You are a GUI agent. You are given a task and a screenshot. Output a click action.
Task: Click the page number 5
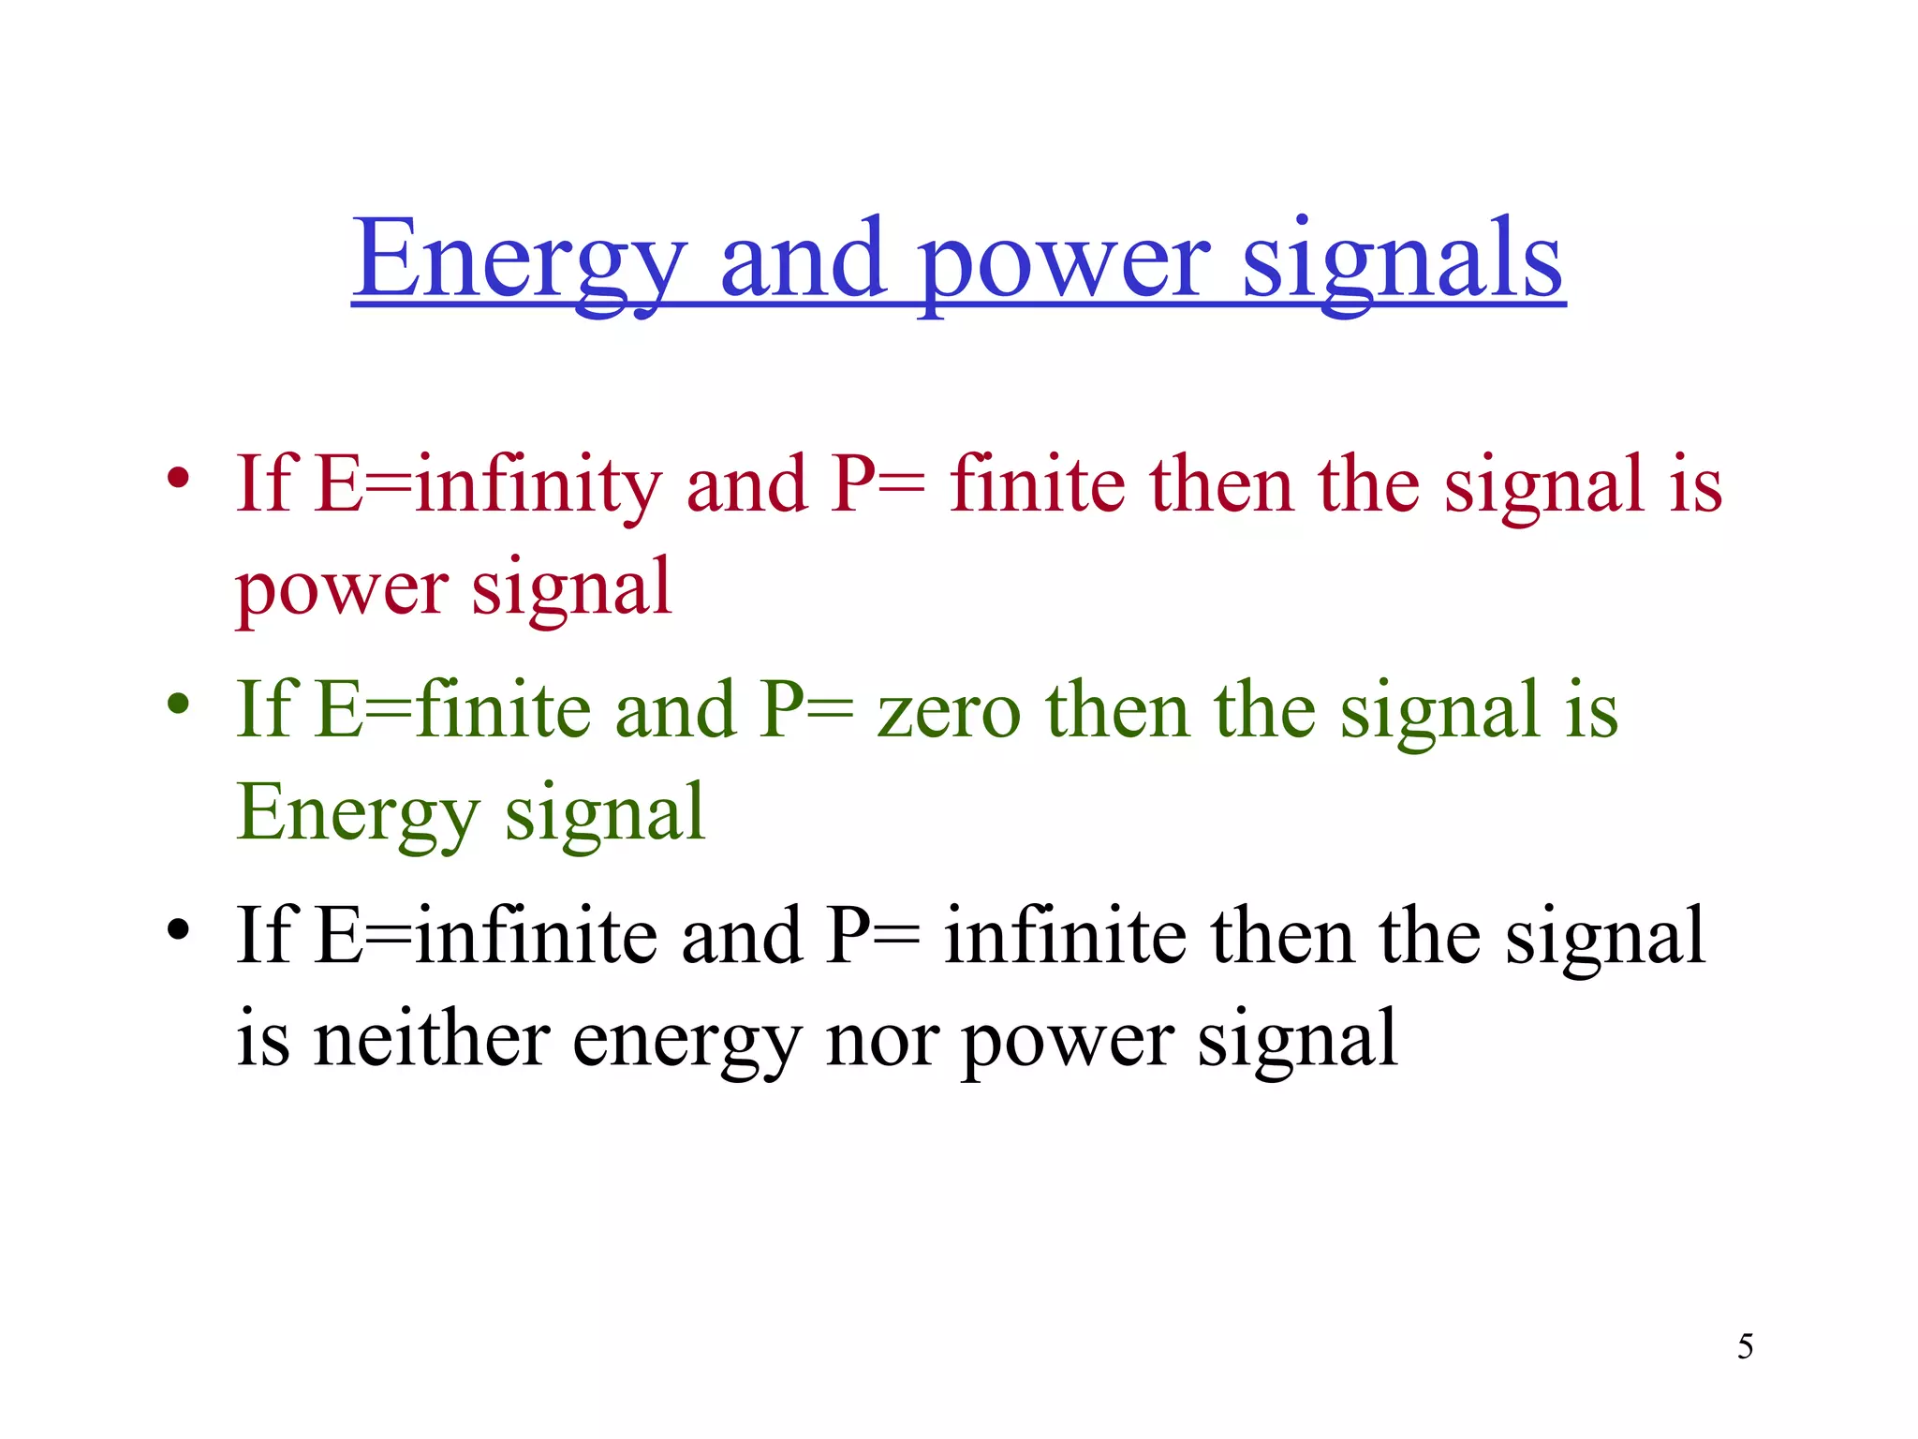(x=1745, y=1347)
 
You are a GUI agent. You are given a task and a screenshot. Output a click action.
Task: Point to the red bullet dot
(x=178, y=479)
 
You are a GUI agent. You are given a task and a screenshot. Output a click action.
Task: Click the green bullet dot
(x=178, y=704)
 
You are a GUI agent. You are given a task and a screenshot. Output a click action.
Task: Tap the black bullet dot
(x=178, y=930)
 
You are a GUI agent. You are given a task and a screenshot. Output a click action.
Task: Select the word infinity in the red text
(x=539, y=484)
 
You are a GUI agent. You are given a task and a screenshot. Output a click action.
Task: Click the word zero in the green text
(x=948, y=712)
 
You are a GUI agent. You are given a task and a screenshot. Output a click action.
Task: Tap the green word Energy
(x=358, y=813)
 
